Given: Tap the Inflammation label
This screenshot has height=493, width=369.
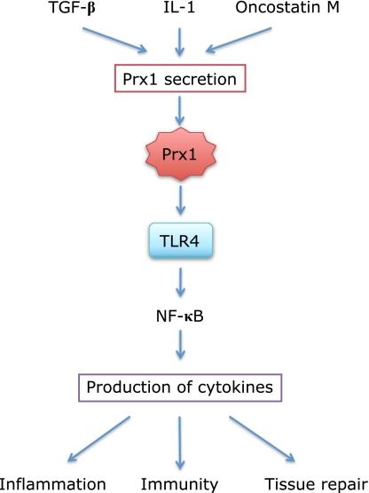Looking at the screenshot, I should [53, 482].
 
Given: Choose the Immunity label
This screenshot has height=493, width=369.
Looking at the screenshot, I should [180, 482].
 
